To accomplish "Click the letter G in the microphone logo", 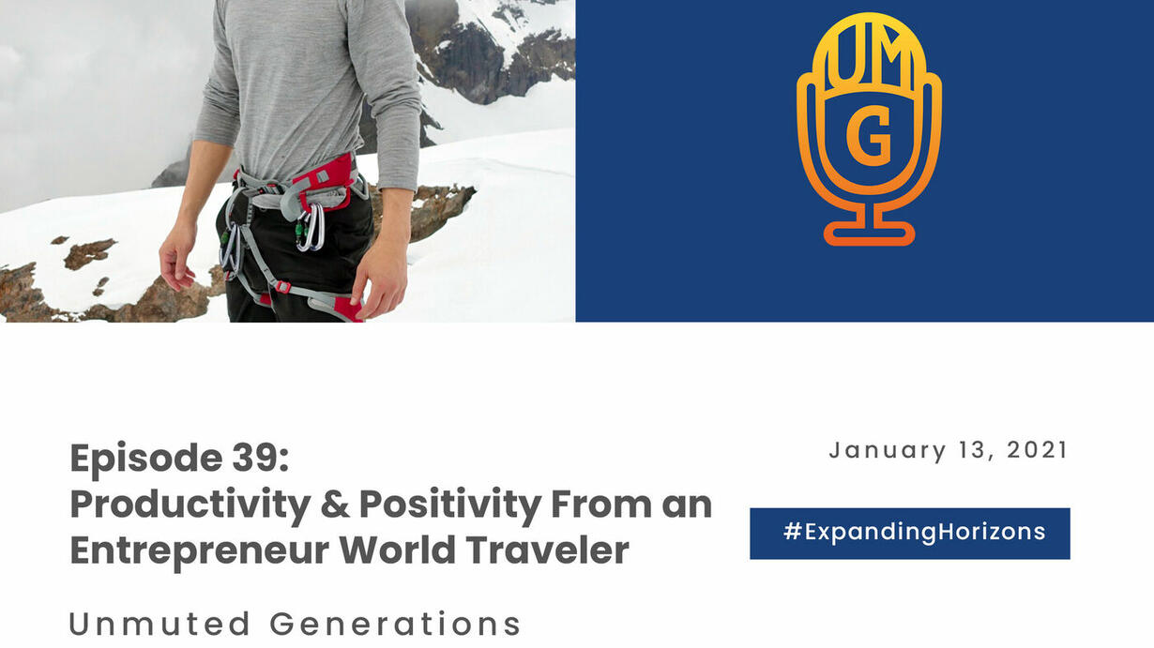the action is tap(869, 136).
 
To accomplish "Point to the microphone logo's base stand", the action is tap(869, 228).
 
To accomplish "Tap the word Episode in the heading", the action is tap(146, 459).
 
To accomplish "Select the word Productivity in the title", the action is tap(190, 505).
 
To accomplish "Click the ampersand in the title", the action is tap(334, 505).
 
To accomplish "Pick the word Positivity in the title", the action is tap(450, 505).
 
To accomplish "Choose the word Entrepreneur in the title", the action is tap(200, 551).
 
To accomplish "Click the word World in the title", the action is tap(397, 550).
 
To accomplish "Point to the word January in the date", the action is tap(888, 451).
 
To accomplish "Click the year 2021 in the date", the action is tap(1037, 450).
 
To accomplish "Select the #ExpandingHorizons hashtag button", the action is tap(910, 534).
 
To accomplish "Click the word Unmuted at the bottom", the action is tap(159, 625).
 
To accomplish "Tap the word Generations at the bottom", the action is tap(395, 625).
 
